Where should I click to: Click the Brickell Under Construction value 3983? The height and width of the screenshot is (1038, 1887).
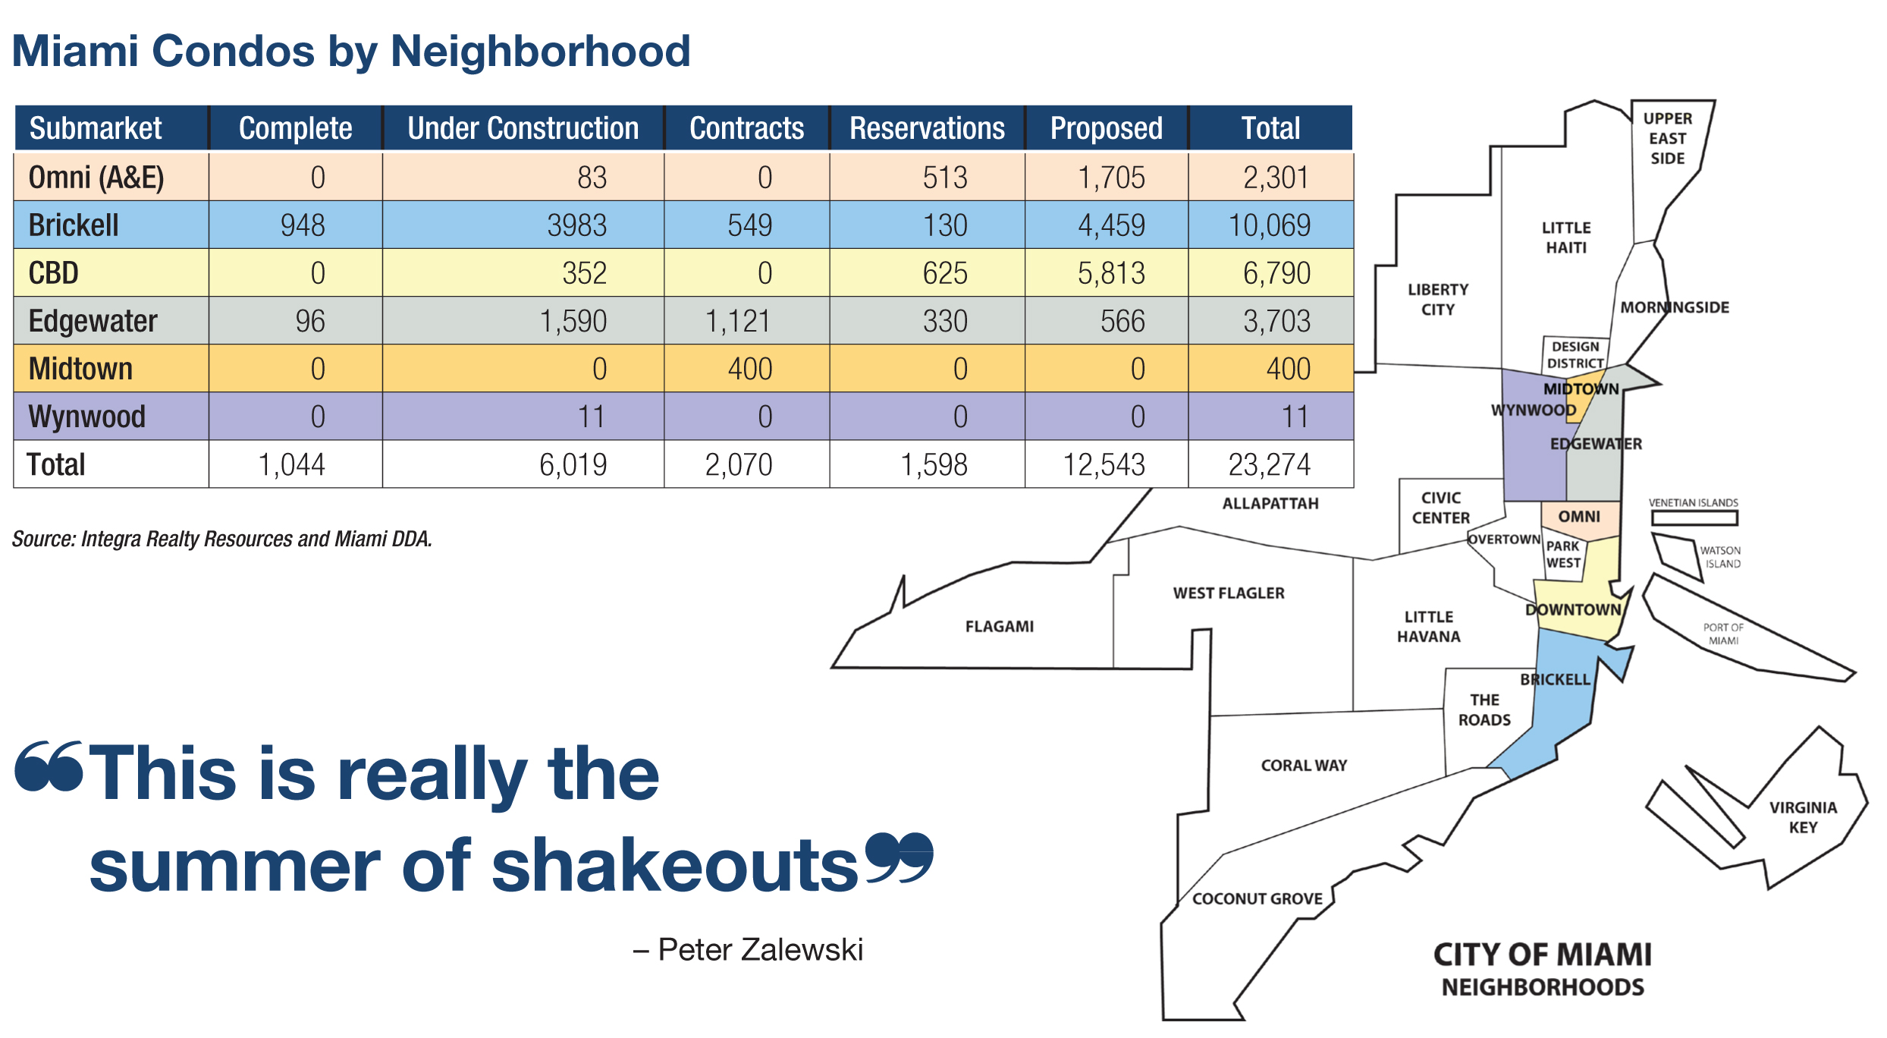[x=576, y=225]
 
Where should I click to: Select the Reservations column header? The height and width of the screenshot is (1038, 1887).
[x=927, y=128]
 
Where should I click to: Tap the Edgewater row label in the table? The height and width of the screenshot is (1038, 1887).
[x=93, y=321]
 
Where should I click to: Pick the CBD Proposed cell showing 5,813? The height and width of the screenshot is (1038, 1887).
[x=1111, y=273]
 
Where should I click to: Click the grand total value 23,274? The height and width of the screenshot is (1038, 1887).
[x=1270, y=464]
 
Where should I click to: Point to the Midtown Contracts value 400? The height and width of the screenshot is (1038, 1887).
[x=749, y=369]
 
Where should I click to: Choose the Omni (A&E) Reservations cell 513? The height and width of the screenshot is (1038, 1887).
[x=945, y=178]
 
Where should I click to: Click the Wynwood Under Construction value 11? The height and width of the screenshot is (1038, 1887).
[x=592, y=417]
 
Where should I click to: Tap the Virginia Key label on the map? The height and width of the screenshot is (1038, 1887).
[x=1803, y=817]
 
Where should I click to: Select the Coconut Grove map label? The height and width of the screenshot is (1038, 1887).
[x=1257, y=898]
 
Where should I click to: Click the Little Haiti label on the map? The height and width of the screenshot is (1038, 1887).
[x=1566, y=237]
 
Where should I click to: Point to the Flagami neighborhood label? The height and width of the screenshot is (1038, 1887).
[x=999, y=627]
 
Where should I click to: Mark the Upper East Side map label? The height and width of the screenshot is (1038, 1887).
[x=1667, y=138]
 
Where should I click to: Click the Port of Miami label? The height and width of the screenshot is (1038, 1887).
[x=1723, y=634]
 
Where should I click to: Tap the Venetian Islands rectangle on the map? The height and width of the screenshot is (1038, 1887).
[x=1694, y=517]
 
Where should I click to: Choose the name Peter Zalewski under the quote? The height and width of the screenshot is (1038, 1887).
[x=760, y=949]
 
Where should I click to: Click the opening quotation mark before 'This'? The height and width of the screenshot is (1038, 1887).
[x=49, y=766]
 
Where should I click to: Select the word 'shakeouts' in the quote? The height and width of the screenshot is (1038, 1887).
[x=675, y=866]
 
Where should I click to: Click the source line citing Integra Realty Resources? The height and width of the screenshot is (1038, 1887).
[x=221, y=539]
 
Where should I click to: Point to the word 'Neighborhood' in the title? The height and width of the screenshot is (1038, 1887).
[x=540, y=52]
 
